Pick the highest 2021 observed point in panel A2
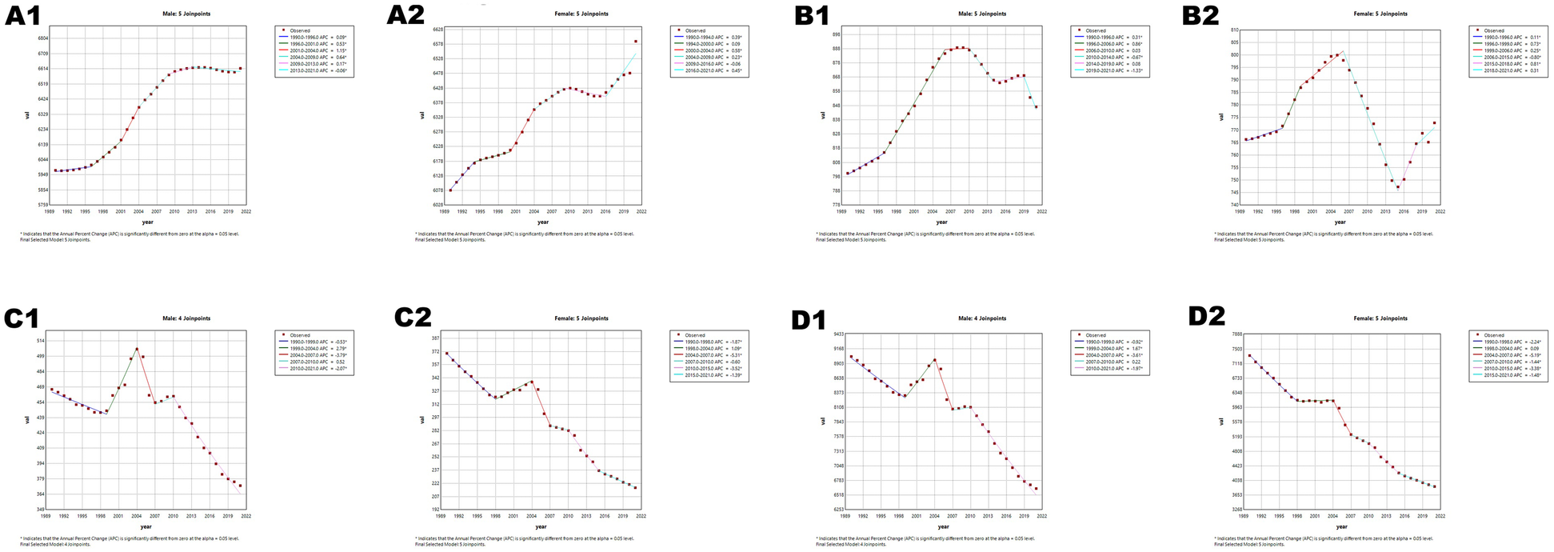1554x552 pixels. pos(636,42)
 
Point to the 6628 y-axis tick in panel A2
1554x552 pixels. pos(438,29)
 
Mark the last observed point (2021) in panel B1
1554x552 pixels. pos(1036,106)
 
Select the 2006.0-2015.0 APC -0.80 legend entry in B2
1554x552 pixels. pos(1507,57)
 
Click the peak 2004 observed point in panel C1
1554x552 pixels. pos(137,349)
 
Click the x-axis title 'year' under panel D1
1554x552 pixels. pos(943,526)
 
